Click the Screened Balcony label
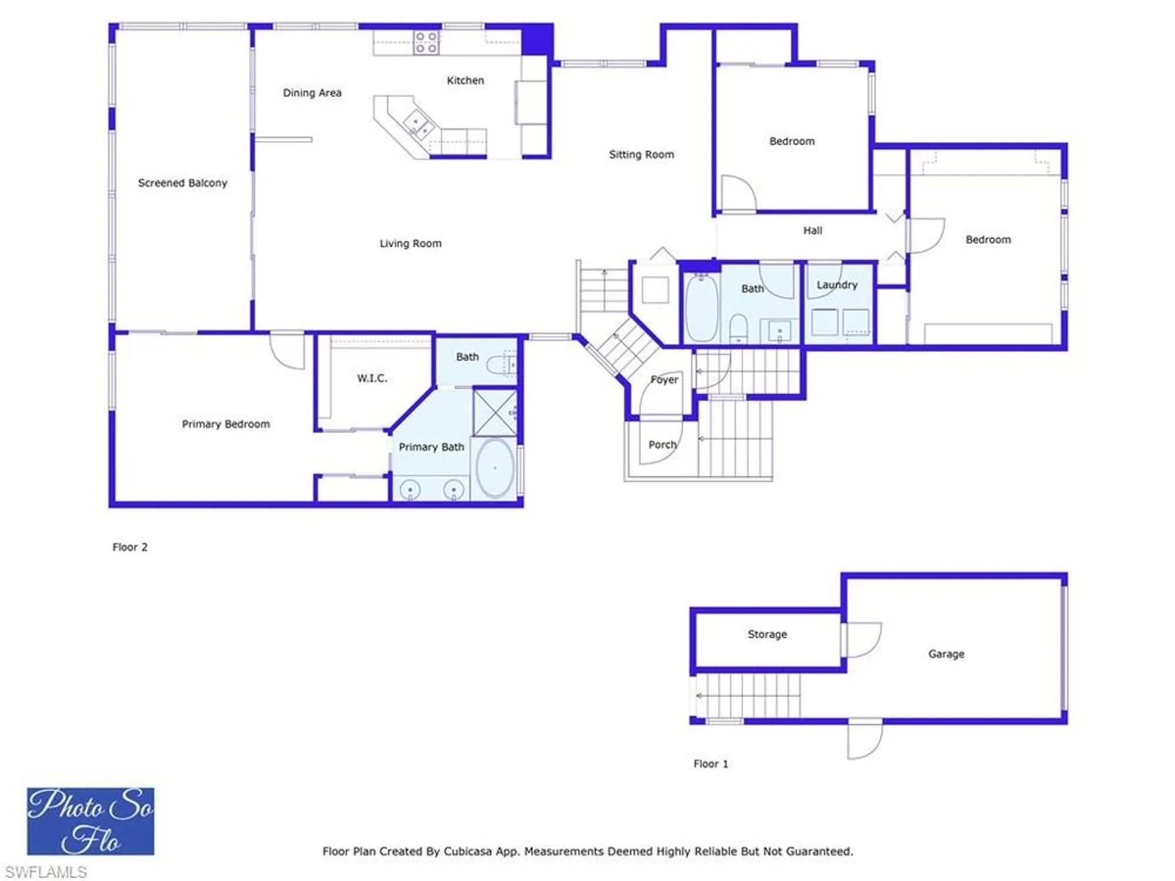click(x=182, y=183)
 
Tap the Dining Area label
click(x=312, y=93)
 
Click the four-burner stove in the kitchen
click(x=426, y=43)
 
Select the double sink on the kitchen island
click(x=418, y=124)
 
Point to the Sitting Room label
click(x=641, y=154)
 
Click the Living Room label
click(x=410, y=243)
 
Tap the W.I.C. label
click(x=372, y=378)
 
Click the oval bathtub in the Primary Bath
click(x=495, y=468)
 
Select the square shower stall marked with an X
click(x=495, y=412)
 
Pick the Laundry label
click(x=837, y=285)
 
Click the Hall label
click(x=813, y=231)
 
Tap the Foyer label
click(x=664, y=380)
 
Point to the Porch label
click(x=662, y=445)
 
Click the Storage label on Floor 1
click(x=767, y=634)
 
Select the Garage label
click(x=946, y=654)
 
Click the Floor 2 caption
click(x=130, y=547)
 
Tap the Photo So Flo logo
click(x=90, y=821)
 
